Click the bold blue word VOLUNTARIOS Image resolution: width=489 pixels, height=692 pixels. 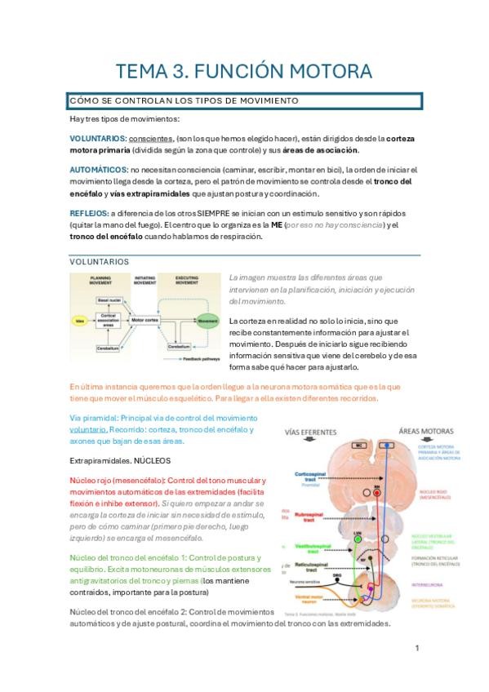pos(97,139)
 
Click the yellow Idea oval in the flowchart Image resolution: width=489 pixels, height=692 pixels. pos(79,322)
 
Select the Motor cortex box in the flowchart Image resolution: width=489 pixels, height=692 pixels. pos(148,320)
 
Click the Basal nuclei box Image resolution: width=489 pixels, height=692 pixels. pos(109,300)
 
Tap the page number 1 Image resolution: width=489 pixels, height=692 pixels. pos(416,648)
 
